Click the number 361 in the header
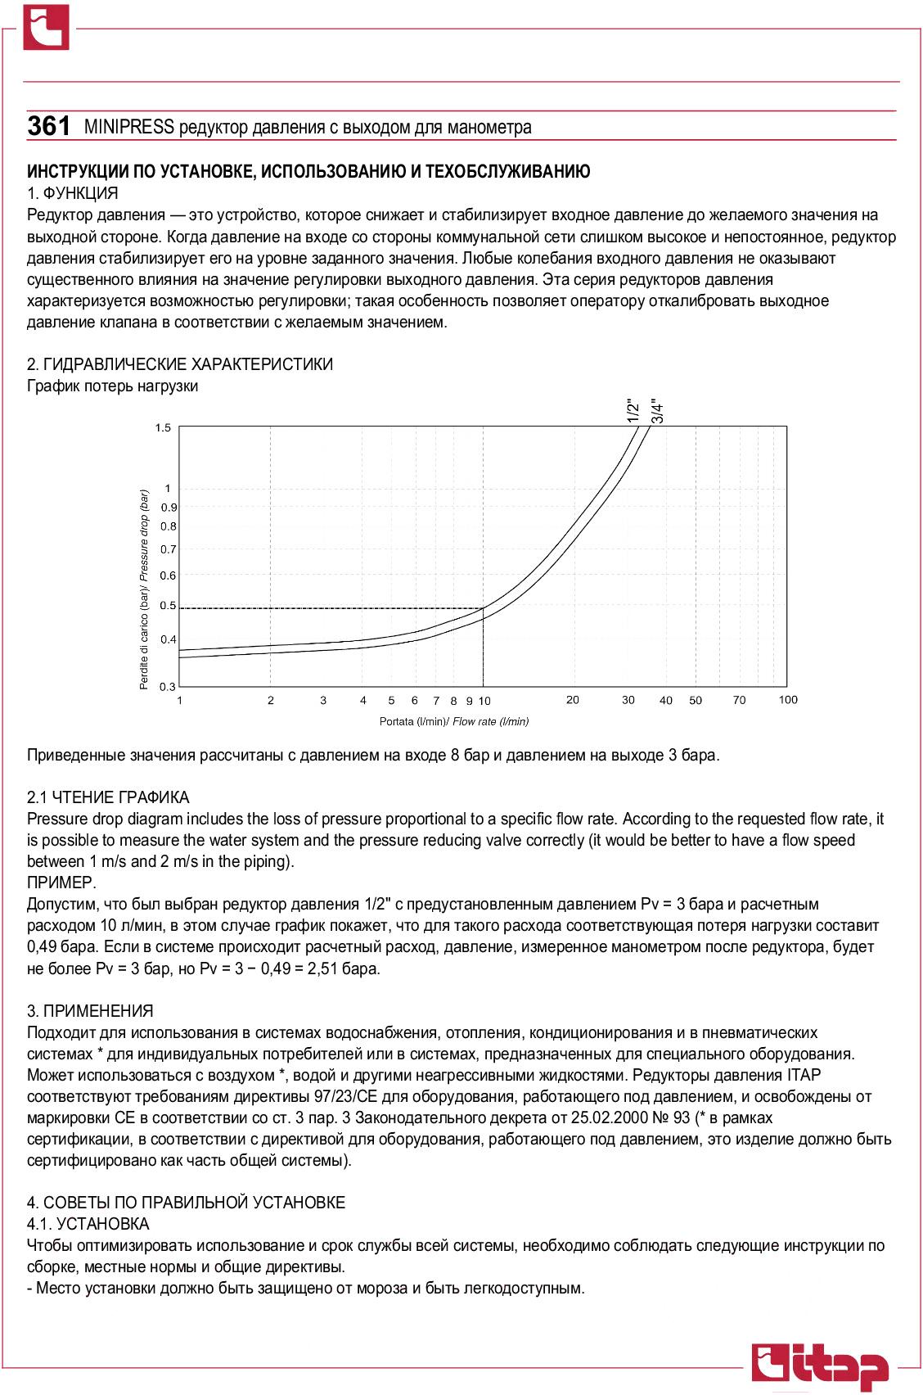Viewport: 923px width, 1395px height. point(48,127)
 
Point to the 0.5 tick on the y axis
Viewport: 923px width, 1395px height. point(168,606)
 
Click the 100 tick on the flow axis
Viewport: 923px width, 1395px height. point(788,700)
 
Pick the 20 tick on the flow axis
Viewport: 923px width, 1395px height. point(573,700)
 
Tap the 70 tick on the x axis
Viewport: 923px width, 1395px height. point(740,701)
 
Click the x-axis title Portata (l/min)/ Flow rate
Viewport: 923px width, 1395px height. point(454,721)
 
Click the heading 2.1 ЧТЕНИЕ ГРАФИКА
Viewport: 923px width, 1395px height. point(108,797)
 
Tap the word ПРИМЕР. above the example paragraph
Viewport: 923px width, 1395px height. point(61,883)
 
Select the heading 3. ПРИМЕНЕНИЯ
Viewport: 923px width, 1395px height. point(90,1011)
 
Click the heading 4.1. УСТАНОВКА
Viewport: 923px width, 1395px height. point(88,1224)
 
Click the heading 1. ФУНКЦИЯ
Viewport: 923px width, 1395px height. point(73,194)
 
